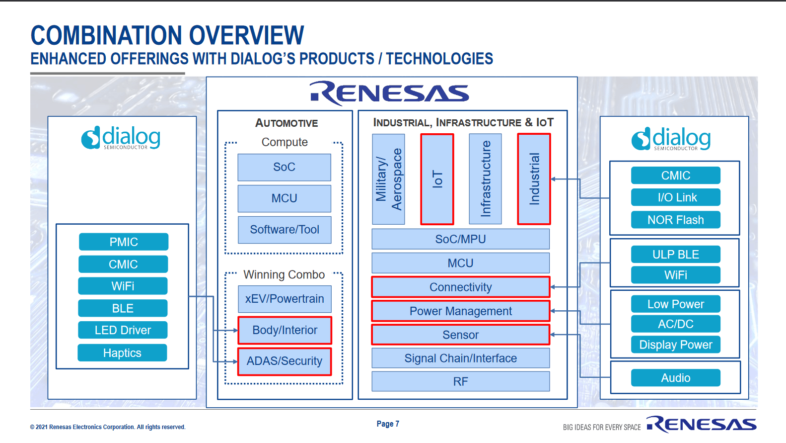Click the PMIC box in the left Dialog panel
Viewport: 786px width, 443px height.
pos(124,242)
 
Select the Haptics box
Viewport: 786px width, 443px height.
pos(122,353)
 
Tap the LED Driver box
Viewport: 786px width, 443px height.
pos(123,330)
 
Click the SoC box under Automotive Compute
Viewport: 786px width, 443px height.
pos(284,167)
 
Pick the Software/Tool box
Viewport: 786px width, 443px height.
pos(285,230)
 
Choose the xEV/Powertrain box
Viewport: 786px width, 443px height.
pos(285,299)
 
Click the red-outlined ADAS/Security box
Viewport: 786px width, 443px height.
pos(285,361)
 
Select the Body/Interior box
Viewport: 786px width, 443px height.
pos(285,330)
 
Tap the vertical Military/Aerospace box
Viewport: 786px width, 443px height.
pos(388,179)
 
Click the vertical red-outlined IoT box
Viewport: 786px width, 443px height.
pos(437,179)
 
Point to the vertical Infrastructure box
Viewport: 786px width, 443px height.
pos(485,179)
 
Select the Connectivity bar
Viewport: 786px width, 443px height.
pos(460,287)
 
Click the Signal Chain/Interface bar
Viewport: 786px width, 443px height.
pos(460,358)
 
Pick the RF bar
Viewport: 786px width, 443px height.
pos(460,381)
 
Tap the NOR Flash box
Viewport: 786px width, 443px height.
pos(675,220)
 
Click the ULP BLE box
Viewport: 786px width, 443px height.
pos(675,255)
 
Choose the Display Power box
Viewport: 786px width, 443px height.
pos(675,345)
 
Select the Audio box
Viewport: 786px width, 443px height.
pos(675,378)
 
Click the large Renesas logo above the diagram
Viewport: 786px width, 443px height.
pos(389,93)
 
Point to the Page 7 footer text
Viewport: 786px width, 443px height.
pos(388,424)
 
